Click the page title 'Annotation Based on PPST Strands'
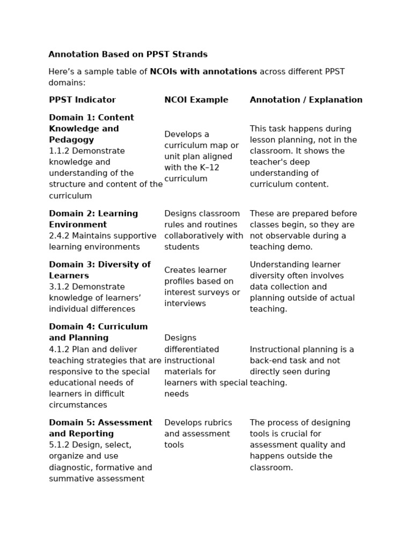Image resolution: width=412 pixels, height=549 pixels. click(128, 54)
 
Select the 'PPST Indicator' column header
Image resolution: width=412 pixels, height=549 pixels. click(82, 100)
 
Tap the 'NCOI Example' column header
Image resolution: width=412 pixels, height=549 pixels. click(196, 100)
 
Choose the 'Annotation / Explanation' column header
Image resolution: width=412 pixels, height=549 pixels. click(306, 100)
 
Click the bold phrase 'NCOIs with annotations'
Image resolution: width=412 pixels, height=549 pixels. click(203, 71)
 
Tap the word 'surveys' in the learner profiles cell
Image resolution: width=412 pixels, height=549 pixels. click(216, 292)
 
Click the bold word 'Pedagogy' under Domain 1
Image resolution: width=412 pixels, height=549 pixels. click(71, 139)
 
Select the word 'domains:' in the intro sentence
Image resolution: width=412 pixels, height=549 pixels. click(67, 83)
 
